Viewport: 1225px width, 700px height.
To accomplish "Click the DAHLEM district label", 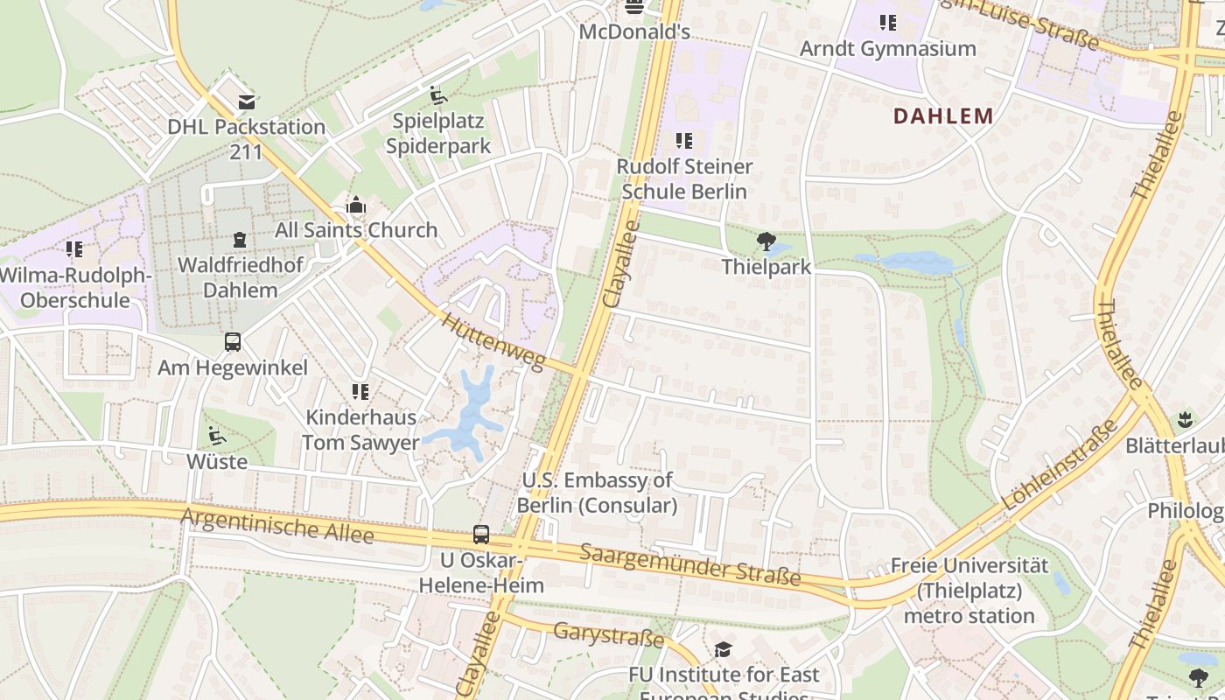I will (x=943, y=115).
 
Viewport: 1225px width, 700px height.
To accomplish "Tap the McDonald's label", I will (x=634, y=32).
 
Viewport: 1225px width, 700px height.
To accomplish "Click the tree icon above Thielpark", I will (x=766, y=241).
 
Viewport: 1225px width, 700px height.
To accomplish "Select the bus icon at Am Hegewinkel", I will (x=233, y=342).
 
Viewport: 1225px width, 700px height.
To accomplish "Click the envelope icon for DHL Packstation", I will (x=247, y=102).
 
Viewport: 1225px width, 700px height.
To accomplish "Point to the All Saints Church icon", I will (x=356, y=206).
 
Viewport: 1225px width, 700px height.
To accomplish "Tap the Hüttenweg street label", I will (x=493, y=342).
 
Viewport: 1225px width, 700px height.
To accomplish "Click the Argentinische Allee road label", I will (x=276, y=526).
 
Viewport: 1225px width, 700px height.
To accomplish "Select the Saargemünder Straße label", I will (x=689, y=564).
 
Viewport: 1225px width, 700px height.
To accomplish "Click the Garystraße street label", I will (x=608, y=634).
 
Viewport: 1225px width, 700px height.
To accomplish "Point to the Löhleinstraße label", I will (x=1060, y=465).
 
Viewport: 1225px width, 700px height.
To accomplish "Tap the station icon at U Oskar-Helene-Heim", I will (x=480, y=534).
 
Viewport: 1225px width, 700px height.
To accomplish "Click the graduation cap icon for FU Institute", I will (x=723, y=649).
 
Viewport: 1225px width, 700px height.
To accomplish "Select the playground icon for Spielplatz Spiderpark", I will (x=438, y=95).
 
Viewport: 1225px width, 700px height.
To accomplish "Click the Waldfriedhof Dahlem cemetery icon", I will (x=240, y=240).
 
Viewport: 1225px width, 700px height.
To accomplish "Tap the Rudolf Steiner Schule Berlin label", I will (x=683, y=178).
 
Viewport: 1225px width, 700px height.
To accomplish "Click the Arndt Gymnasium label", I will (x=887, y=49).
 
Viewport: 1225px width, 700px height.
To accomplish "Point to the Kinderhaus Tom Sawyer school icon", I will (x=360, y=392).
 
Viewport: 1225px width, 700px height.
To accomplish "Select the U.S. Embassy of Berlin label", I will (x=597, y=493).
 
